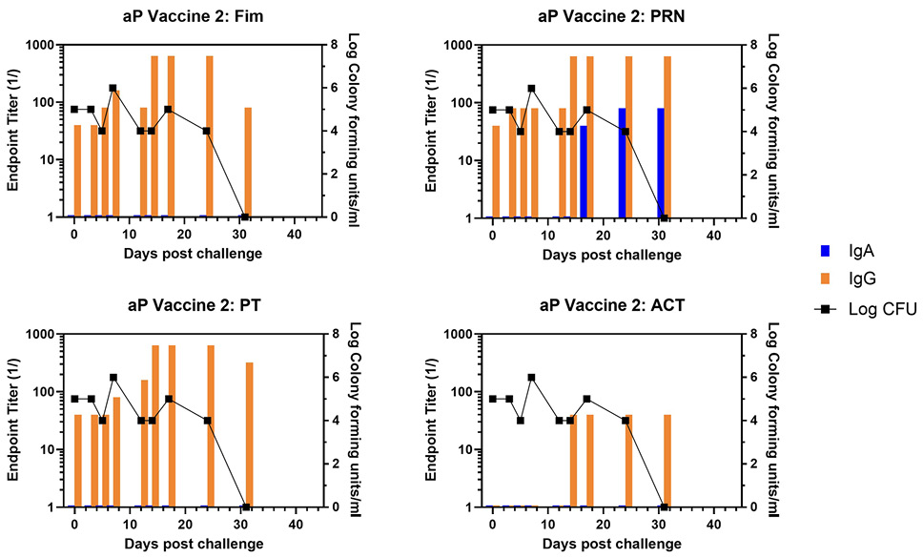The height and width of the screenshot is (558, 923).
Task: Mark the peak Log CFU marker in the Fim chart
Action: pyautogui.click(x=113, y=88)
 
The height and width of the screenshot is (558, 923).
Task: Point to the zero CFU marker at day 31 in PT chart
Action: pyautogui.click(x=246, y=506)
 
